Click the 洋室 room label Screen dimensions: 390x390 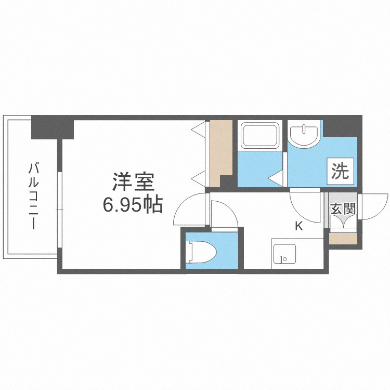pyautogui.click(x=133, y=183)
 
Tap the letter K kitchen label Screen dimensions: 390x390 pyautogui.click(x=299, y=226)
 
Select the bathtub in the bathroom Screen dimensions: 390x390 pyautogui.click(x=261, y=135)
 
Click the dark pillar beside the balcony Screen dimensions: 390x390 pyautogui.click(x=52, y=128)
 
